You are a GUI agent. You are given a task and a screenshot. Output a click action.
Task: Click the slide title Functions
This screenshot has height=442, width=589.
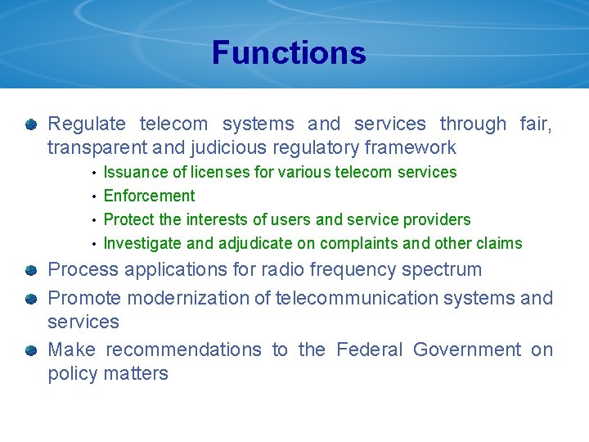point(289,53)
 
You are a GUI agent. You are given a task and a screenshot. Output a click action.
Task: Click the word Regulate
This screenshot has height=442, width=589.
point(87,124)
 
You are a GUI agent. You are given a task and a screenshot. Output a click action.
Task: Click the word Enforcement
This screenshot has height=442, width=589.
point(150,196)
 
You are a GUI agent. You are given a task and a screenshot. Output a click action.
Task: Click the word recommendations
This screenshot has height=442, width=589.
point(183,350)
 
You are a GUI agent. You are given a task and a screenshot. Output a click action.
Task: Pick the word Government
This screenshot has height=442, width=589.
point(467,350)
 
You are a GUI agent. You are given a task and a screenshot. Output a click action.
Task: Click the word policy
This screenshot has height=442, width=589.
point(72,374)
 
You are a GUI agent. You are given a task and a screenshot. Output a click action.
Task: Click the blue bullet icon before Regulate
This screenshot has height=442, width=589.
point(30,125)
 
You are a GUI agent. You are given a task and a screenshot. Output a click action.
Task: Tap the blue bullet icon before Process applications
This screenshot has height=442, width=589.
point(30,270)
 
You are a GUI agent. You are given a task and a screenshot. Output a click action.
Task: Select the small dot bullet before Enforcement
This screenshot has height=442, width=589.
point(95,196)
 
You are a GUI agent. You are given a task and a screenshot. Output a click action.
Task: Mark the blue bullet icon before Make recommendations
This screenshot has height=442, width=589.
point(30,351)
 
